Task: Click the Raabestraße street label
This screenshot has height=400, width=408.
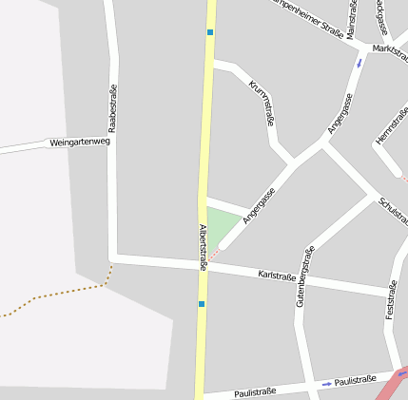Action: [112, 107]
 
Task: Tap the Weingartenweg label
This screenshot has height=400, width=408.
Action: [80, 143]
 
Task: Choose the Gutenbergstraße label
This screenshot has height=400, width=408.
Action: [304, 276]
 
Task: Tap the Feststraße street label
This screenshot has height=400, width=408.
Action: [390, 298]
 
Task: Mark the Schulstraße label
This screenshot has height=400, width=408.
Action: [393, 218]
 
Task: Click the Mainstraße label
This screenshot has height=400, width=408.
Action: [351, 19]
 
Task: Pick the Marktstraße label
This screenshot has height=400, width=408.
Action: [391, 50]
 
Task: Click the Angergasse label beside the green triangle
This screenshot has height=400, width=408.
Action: [258, 204]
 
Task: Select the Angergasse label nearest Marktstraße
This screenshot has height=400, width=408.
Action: [340, 112]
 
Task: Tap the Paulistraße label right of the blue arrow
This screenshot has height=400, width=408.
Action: [356, 380]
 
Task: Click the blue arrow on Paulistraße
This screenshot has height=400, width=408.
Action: [326, 383]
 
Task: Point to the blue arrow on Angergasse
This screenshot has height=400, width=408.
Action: [359, 64]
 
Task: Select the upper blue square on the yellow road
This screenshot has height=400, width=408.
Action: [210, 31]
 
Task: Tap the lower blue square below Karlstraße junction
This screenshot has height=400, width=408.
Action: [202, 304]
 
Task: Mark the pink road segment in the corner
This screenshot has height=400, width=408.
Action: [393, 385]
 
